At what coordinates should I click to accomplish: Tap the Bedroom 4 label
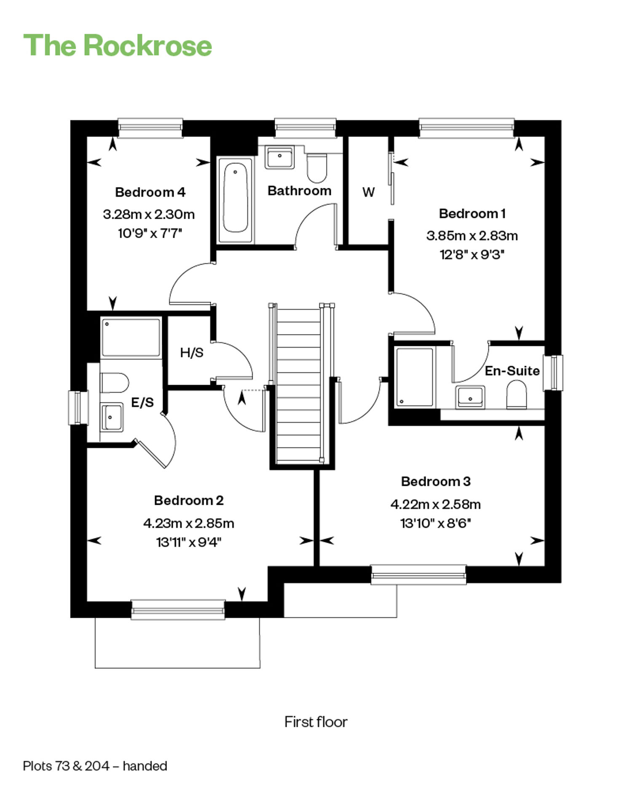150,192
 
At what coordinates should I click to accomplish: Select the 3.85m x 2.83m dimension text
472,236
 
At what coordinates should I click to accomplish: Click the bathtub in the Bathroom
235,199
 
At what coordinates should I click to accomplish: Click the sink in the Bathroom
279,157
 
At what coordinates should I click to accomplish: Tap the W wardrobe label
368,192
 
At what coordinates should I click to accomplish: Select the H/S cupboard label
192,352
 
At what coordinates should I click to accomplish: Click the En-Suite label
512,371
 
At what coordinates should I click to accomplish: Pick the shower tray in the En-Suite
415,377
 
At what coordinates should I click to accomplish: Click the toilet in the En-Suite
517,394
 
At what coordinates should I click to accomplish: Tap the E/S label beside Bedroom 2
142,402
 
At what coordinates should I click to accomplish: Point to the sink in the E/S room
112,417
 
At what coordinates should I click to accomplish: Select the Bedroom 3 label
436,481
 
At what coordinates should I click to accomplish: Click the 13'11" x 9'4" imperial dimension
189,542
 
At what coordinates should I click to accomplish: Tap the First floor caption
316,722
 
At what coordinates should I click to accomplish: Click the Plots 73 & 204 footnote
95,766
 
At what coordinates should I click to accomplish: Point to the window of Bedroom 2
178,610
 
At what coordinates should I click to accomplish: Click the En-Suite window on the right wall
553,373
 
